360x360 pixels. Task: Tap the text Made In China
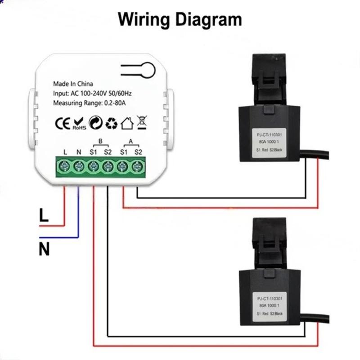coord(73,84)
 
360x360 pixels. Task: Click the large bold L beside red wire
coord(43,216)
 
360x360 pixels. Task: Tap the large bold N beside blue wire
coord(44,248)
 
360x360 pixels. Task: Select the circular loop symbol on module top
coord(147,69)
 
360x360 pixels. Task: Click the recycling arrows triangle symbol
coord(110,123)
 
